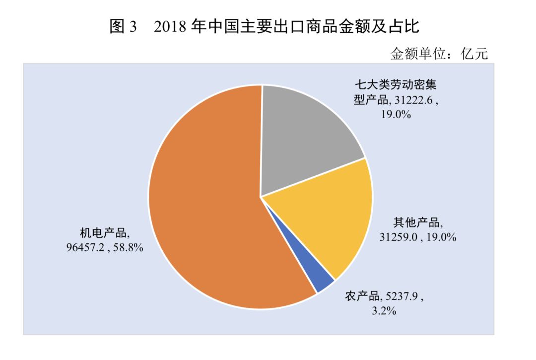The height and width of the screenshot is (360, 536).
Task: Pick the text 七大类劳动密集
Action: [x=395, y=84]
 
